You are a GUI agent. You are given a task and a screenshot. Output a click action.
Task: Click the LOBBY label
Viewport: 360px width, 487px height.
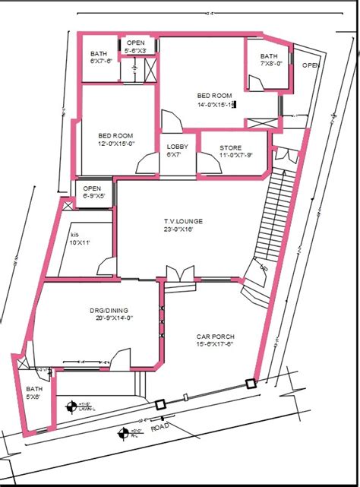point(177,147)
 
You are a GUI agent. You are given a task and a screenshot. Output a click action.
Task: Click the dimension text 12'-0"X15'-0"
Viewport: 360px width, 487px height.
point(116,144)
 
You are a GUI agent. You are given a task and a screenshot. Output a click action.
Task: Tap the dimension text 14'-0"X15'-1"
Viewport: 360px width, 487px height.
point(216,104)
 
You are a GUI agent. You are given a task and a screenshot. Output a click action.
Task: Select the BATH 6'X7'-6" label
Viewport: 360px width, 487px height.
point(100,58)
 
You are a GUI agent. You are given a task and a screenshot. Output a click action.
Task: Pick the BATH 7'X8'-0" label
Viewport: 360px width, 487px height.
point(270,60)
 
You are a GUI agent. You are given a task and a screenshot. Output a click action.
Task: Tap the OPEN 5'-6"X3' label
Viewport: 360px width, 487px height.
point(137,46)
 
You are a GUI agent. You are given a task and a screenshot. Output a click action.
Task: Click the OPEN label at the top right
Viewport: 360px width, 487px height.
point(310,65)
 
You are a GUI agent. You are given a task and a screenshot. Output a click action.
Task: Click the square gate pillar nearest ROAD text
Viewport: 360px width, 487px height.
point(160,406)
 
